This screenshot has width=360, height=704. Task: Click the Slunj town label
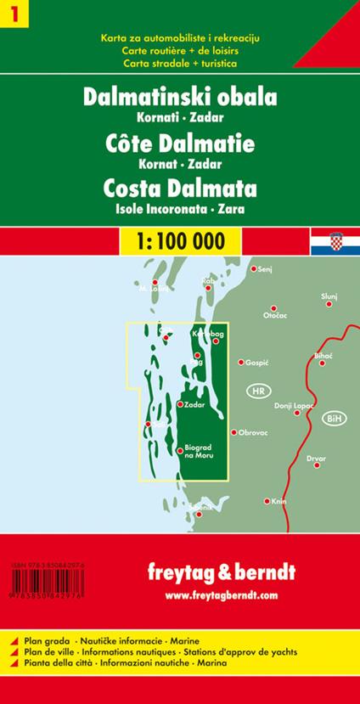(329, 295)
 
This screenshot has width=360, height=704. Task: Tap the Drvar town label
(317, 459)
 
